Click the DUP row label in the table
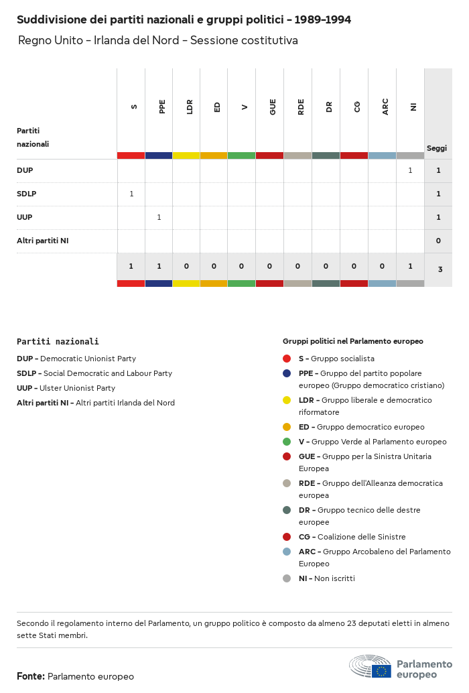[x=25, y=170]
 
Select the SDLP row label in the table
[x=26, y=194]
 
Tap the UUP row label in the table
[x=25, y=217]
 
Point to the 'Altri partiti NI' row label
[x=43, y=241]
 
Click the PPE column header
[x=162, y=107]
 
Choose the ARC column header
[x=385, y=107]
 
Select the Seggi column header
[x=437, y=148]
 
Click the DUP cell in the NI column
[x=410, y=170]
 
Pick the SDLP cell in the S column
[x=131, y=194]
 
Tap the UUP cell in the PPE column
[x=159, y=217]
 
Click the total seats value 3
[x=440, y=269]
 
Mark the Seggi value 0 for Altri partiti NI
[x=438, y=241]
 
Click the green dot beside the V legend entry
[x=287, y=442]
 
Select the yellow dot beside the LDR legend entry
[x=287, y=400]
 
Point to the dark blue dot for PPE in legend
[x=287, y=373]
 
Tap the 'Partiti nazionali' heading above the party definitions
[x=58, y=341]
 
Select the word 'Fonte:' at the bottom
[x=31, y=676]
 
